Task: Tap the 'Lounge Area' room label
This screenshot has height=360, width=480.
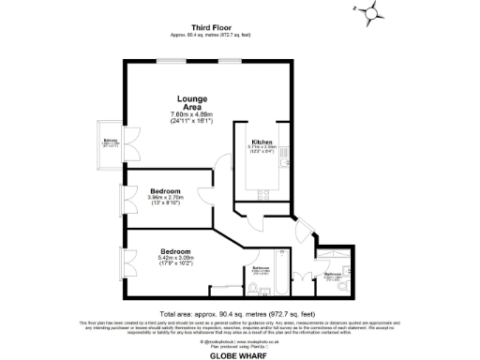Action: (x=193, y=103)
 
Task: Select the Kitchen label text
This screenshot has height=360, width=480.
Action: (x=262, y=141)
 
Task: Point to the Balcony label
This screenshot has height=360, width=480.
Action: (x=111, y=140)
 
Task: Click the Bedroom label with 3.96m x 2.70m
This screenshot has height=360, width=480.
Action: (x=165, y=188)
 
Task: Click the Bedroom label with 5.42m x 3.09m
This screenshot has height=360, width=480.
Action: (x=175, y=251)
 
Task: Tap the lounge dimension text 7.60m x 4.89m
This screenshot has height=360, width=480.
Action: (x=193, y=114)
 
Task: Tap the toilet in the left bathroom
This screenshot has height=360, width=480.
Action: (x=265, y=286)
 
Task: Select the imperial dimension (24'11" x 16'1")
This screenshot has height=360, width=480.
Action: (x=193, y=121)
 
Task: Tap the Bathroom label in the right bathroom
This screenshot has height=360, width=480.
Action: (x=333, y=274)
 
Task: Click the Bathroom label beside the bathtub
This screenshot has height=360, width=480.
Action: (x=261, y=268)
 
